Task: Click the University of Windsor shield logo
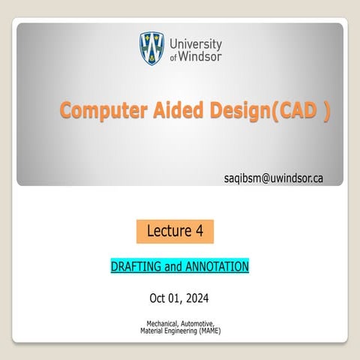point(152,49)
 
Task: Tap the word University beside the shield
point(196,43)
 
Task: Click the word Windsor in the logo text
point(201,56)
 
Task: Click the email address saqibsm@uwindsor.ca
point(274,178)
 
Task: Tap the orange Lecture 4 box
point(175,232)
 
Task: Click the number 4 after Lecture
point(199,232)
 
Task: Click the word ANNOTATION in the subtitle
point(217,266)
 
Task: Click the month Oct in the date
point(158,298)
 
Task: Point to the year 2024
point(199,298)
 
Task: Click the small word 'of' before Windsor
point(174,58)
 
